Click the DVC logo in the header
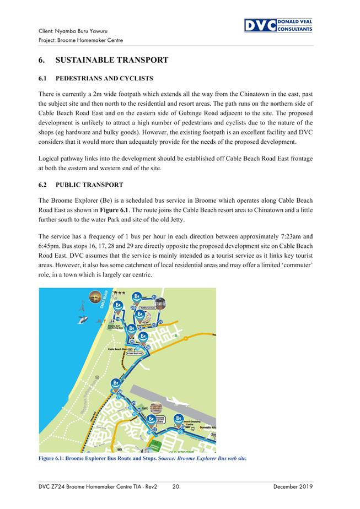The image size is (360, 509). point(278,25)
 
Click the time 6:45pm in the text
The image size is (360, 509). point(51,246)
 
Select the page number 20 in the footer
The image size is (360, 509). point(176,486)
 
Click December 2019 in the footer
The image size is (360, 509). point(292,486)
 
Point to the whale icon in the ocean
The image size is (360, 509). point(82,322)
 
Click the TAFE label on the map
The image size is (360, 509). point(145,408)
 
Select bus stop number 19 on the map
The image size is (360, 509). point(117,319)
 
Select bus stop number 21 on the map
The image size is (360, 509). point(154,297)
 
